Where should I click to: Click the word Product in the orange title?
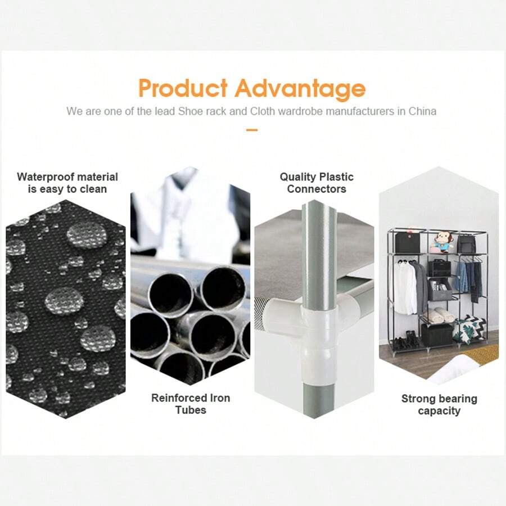tap(183, 88)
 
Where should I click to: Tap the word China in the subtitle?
tap(422, 111)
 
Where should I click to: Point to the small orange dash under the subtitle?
tap(252, 130)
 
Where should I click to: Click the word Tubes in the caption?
tap(191, 410)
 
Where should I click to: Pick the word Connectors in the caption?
tap(317, 189)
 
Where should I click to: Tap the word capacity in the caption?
tap(439, 412)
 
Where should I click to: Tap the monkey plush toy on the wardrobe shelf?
tap(442, 242)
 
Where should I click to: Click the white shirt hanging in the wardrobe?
tap(402, 287)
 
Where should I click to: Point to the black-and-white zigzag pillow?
tap(469, 329)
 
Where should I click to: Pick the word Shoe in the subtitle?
tap(191, 111)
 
